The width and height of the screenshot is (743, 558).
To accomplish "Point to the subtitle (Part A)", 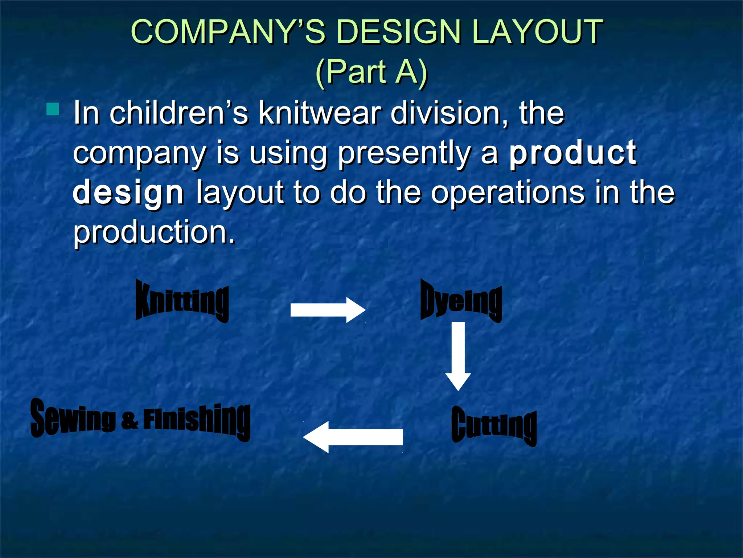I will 371,72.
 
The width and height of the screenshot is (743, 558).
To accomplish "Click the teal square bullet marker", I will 53,109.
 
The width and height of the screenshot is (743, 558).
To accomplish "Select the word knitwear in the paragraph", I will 319,113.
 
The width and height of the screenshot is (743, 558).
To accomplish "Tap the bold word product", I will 572,153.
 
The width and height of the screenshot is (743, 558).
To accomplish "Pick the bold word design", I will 128,193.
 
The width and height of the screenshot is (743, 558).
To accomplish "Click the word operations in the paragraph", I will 508,192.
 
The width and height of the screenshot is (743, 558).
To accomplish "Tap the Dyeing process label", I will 461,301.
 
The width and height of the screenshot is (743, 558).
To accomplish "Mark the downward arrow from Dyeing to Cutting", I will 458,356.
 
